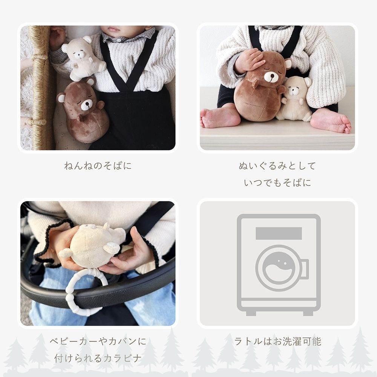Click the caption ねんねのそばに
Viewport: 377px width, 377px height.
tap(98, 166)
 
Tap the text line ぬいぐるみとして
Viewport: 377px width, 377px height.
tap(277, 166)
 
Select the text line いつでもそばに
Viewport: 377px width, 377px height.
tap(277, 183)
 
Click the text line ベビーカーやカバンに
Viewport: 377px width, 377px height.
tap(98, 342)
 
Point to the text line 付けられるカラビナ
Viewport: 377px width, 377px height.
tap(98, 358)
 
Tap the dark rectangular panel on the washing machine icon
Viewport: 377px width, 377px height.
tap(279, 233)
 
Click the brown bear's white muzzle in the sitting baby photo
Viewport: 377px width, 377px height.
tap(270, 77)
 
